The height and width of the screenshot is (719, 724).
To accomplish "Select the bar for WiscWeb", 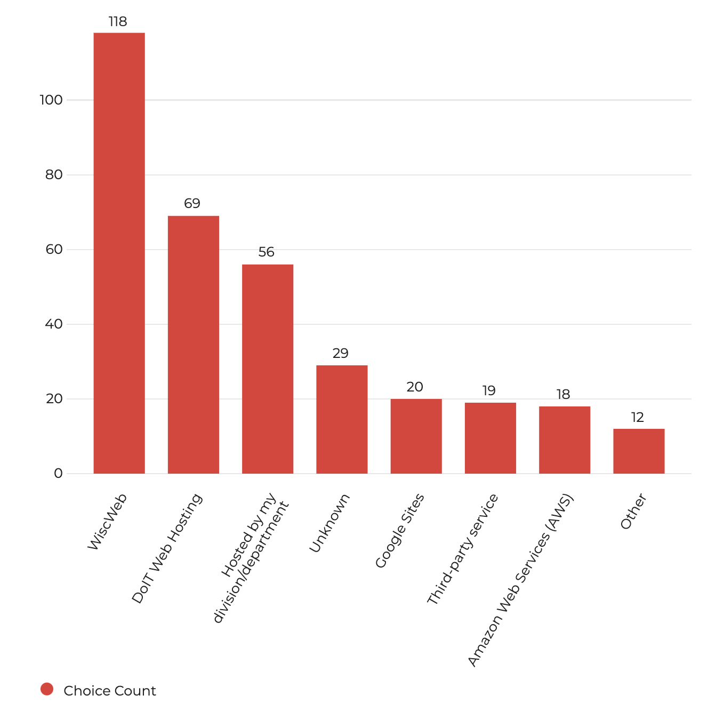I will pos(119,253).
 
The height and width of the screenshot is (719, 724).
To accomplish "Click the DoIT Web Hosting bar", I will pos(193,345).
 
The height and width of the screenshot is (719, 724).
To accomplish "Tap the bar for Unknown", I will pos(342,419).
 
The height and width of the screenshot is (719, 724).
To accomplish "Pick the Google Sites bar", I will pos(416,436).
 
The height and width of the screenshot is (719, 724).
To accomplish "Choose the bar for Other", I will pos(639,451).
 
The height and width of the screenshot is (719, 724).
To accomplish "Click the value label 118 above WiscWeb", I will pos(118,22).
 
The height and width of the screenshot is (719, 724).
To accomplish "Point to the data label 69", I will pos(192,204).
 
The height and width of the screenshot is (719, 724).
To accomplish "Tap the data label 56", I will pos(266,252).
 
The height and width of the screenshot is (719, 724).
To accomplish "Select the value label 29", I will pos(340,354).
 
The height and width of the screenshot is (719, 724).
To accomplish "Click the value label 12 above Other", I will pos(638,418).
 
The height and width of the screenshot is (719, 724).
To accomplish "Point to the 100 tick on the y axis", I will pos(51,100).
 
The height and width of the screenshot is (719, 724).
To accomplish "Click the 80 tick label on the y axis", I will pos(54,175).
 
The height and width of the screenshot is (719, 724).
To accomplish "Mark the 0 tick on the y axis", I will pos(58,474).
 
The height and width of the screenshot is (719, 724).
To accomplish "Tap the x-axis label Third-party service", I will pos(462,549).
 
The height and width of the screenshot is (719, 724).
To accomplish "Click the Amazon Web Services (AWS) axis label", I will pos(520,580).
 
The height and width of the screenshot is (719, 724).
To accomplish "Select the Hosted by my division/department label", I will pos(251,557).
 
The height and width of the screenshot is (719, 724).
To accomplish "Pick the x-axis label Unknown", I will pos(329,523).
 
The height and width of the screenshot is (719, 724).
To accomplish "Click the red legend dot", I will pos(47,689).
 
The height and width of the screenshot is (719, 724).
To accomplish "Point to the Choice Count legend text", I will pos(109,691).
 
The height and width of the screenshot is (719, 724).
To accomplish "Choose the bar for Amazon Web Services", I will pos(565,440).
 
